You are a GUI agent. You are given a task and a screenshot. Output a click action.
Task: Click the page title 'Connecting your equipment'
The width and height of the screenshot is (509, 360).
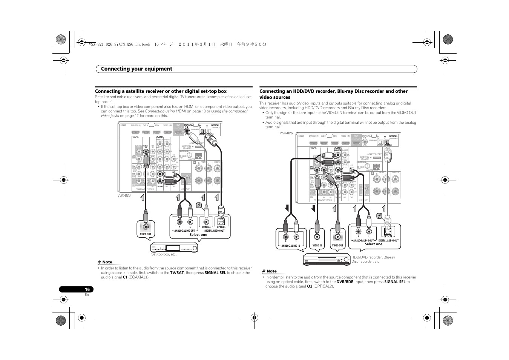(x=136, y=69)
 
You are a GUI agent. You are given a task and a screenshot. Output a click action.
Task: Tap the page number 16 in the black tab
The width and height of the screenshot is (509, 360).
(x=87, y=289)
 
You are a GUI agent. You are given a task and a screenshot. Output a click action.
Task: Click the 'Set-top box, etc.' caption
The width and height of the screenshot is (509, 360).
(x=164, y=254)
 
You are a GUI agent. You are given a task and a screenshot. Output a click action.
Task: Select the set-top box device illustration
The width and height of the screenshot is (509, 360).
(x=175, y=248)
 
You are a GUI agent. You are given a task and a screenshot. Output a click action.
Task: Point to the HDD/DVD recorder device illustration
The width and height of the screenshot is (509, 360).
(x=327, y=259)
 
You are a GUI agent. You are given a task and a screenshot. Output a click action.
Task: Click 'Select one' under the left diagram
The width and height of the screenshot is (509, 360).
(x=198, y=235)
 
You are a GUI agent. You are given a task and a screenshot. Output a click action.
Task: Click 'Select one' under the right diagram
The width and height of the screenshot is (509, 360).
(x=373, y=244)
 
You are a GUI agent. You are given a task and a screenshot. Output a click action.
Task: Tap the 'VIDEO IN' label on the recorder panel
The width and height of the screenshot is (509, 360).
(x=317, y=245)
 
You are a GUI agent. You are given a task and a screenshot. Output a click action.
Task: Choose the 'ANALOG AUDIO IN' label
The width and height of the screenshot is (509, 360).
(x=291, y=246)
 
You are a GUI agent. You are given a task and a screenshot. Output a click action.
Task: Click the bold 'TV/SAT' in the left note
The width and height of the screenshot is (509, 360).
(x=177, y=273)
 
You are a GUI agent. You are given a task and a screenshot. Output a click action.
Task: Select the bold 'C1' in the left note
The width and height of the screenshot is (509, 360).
(x=125, y=277)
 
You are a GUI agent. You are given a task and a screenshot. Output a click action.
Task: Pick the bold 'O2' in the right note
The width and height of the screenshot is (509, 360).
(x=309, y=286)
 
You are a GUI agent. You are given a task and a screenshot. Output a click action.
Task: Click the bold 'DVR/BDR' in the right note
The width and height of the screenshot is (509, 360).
(x=345, y=282)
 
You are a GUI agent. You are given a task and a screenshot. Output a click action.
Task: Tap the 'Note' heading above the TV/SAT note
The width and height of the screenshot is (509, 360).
(x=107, y=262)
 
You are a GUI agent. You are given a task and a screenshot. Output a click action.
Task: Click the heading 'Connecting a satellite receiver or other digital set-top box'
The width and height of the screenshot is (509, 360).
(x=161, y=91)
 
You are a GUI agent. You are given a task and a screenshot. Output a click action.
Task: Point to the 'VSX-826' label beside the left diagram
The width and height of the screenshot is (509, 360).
(x=124, y=195)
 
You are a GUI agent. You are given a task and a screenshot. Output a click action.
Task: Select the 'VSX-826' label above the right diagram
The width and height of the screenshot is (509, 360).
(x=286, y=133)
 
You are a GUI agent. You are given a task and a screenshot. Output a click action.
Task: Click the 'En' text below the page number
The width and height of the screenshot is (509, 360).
(x=87, y=295)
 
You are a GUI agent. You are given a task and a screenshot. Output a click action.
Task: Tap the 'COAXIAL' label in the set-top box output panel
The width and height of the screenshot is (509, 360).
(x=206, y=227)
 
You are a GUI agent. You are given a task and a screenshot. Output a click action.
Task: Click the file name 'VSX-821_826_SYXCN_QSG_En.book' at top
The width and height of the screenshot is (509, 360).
(x=120, y=44)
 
